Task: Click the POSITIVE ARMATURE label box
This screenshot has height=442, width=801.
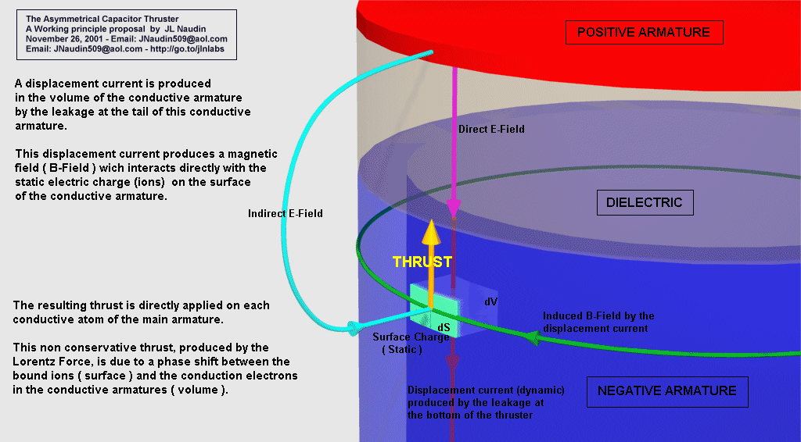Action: click(x=643, y=32)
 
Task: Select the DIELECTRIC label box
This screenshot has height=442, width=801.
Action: click(x=644, y=203)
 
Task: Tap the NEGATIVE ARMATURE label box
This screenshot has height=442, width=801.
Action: click(x=666, y=390)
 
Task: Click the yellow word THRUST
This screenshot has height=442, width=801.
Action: click(x=422, y=262)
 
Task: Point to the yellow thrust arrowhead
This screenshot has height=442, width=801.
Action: click(x=429, y=233)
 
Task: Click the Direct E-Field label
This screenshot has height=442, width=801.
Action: click(x=492, y=129)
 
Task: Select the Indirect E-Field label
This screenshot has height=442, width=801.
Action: click(x=286, y=213)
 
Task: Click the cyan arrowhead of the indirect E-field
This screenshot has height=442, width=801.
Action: click(x=353, y=326)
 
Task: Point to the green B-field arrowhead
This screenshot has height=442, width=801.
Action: click(x=531, y=337)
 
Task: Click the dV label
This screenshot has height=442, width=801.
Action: click(x=491, y=300)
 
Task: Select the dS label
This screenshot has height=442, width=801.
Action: click(x=444, y=327)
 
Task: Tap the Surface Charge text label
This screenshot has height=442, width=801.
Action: click(x=411, y=337)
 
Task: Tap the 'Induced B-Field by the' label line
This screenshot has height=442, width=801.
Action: click(x=598, y=316)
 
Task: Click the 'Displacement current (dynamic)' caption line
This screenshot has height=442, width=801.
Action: click(x=486, y=390)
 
